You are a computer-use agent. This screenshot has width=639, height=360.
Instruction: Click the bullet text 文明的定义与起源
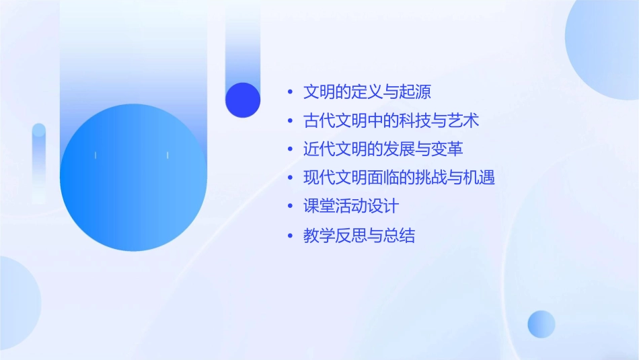367,92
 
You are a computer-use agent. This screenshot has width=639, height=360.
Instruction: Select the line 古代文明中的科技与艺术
391,120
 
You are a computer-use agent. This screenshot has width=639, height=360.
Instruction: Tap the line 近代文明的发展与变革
383,149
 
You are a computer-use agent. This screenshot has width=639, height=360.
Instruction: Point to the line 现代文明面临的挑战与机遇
399,178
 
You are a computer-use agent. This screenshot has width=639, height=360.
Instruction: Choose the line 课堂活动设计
350,207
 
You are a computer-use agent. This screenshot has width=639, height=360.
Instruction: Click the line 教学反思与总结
359,236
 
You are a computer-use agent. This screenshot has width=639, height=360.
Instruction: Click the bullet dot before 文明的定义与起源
290,92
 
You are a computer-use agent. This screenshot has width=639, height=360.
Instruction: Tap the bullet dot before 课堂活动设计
290,207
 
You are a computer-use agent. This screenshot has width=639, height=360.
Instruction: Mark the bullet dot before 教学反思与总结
290,236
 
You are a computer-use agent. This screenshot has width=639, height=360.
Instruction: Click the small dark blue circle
243,100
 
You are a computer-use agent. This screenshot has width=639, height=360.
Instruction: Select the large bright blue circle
133,177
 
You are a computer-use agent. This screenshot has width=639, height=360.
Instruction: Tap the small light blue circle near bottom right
541,324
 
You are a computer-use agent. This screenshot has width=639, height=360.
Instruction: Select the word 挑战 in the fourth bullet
447,178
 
